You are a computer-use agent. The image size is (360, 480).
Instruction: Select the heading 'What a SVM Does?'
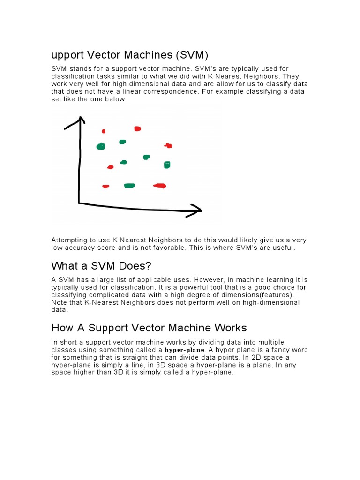tap(101, 266)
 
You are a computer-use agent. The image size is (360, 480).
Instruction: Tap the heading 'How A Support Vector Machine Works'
tap(149, 328)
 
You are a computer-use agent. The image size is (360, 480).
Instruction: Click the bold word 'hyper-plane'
tap(185, 350)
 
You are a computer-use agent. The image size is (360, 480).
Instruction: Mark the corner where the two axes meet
tap(79, 202)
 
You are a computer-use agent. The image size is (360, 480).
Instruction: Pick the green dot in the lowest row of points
tap(129, 186)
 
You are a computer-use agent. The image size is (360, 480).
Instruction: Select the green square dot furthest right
tap(167, 165)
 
